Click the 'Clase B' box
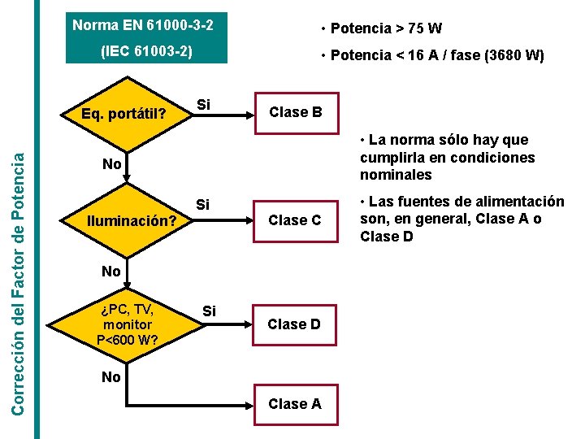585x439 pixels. [x=295, y=112]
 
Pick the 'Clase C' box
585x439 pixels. [x=295, y=220]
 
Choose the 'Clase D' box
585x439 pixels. [x=295, y=324]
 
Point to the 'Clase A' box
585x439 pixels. [x=295, y=404]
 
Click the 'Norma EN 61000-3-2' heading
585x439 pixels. [x=143, y=25]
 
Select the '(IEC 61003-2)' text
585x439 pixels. [x=146, y=50]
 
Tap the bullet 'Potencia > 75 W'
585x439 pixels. [x=381, y=28]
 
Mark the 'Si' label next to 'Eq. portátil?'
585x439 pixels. [x=203, y=104]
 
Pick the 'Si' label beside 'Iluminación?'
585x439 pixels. [x=203, y=204]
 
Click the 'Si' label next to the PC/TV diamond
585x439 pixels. [x=209, y=311]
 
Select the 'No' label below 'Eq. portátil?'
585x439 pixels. [x=112, y=164]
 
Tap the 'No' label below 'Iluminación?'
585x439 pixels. [x=112, y=271]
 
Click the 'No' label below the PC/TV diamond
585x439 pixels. [x=112, y=376]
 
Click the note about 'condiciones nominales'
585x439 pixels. [x=447, y=157]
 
